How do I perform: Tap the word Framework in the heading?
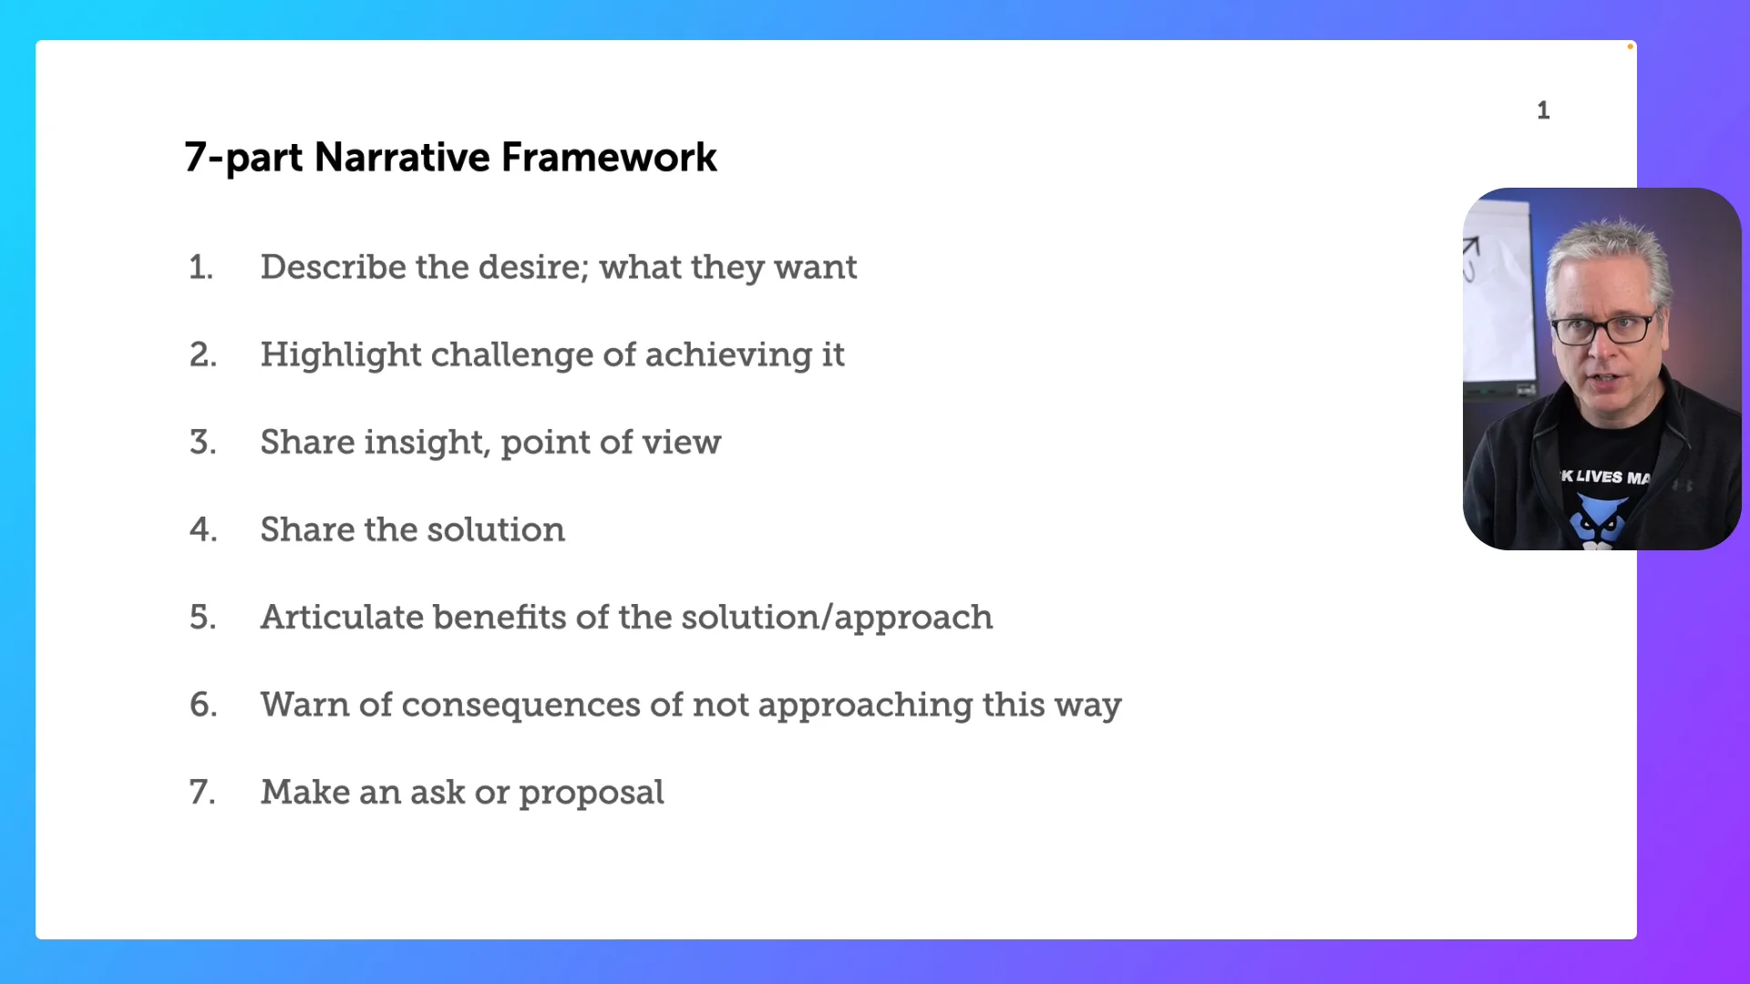click(x=609, y=157)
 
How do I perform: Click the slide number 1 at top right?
click(x=1543, y=110)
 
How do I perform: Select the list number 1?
click(x=201, y=268)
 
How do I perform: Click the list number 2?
click(x=202, y=355)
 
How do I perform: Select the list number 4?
click(x=202, y=530)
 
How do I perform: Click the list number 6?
click(x=202, y=705)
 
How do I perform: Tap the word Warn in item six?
click(x=303, y=705)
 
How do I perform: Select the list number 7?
click(x=202, y=793)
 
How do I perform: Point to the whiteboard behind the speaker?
click(x=1497, y=292)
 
